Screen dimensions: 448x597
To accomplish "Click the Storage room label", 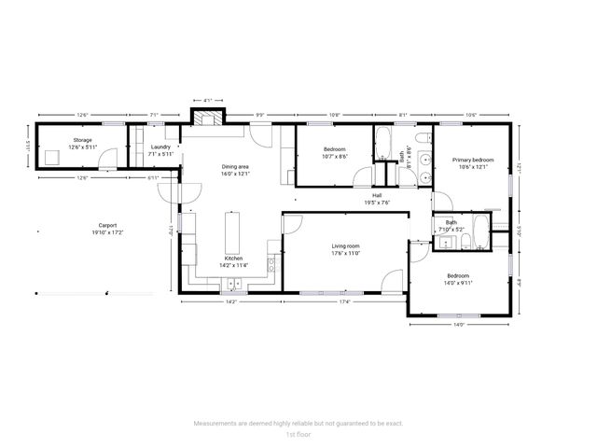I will click(x=83, y=140).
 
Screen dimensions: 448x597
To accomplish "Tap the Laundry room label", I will click(x=160, y=147).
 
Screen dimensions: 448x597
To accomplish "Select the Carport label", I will click(x=108, y=225).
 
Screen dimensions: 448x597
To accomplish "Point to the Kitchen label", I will click(x=231, y=259).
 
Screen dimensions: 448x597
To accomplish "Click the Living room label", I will click(x=346, y=246).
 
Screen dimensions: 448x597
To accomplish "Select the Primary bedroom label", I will click(x=473, y=160).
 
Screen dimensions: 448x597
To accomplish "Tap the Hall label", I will click(x=377, y=196).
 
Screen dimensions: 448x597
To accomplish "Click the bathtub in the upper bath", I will click(x=383, y=145).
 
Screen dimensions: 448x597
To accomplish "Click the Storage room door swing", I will click(x=117, y=156).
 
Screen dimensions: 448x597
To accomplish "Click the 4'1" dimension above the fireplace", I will click(x=208, y=99).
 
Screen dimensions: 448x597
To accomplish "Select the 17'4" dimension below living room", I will click(x=344, y=301).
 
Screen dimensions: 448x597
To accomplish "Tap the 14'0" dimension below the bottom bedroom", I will click(x=460, y=325).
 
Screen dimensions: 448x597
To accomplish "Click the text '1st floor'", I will click(x=298, y=434).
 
